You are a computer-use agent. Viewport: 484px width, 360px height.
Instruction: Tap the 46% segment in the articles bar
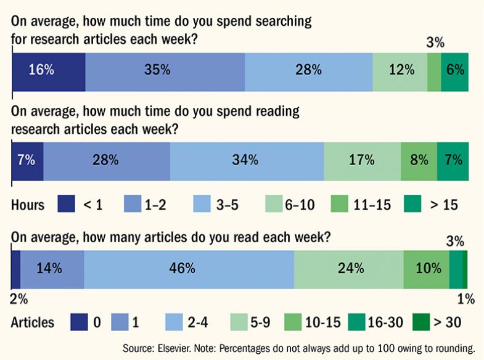point(189,268)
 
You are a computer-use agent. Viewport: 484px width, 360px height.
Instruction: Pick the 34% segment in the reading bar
point(247,160)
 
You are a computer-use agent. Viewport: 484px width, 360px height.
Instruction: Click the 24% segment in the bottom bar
point(348,268)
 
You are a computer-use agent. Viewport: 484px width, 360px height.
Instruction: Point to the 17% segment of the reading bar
point(362,160)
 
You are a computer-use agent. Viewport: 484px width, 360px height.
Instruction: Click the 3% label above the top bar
point(435,43)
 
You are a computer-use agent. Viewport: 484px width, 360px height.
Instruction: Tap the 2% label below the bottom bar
point(19,299)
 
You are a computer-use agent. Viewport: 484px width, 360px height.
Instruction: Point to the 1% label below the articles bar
point(466,299)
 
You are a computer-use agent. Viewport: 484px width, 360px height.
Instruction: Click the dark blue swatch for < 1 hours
point(65,204)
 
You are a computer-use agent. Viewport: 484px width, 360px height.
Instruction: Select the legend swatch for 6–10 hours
point(274,204)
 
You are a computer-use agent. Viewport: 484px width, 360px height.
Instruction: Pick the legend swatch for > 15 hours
point(413,204)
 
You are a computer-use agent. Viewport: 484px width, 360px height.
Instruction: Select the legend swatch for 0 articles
point(79,322)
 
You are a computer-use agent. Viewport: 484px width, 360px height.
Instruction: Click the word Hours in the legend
point(28,205)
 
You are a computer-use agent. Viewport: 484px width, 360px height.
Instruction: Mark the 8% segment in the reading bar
point(419,160)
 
